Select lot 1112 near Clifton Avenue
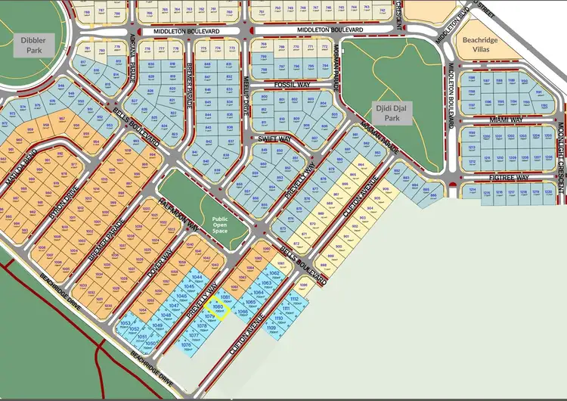point(293,300)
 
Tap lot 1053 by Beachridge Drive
point(125,324)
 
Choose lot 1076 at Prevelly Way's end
point(185,345)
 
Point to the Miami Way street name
point(506,120)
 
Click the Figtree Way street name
point(508,177)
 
